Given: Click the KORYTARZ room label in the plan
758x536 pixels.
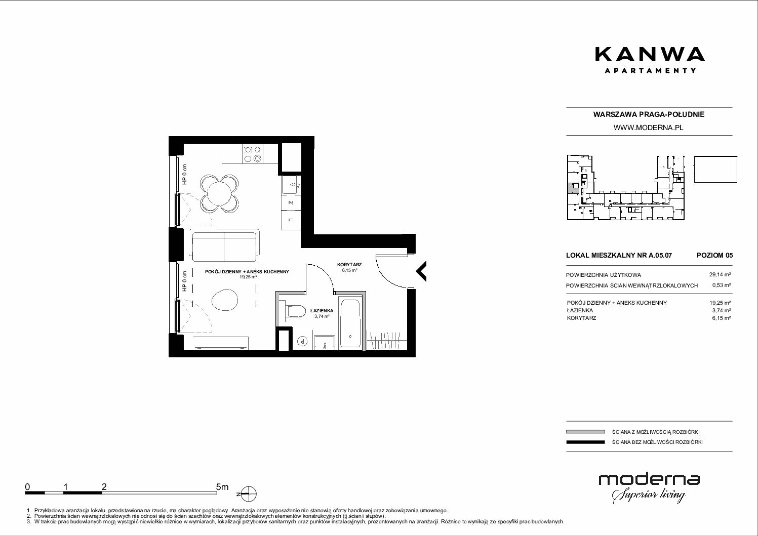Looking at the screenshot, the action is coord(349,264).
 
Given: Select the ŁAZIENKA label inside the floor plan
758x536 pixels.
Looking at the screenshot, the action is coord(322,310).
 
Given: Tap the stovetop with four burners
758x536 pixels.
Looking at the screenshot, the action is coord(253,154).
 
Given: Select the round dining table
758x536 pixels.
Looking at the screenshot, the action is coord(219,193).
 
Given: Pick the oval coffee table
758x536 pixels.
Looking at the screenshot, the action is coord(225,300).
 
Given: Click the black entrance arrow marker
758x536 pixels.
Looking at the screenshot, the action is coord(421,271).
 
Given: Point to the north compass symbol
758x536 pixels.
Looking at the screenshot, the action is coord(248,494).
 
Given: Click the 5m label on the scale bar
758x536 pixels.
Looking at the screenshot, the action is coord(222,486).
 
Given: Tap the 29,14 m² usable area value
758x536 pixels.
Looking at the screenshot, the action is coord(720,275).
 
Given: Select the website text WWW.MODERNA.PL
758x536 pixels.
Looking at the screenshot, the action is coord(648,128).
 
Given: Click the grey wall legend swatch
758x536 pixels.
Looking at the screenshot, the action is coord(585,432).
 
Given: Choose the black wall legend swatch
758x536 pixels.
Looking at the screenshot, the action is coord(585,442).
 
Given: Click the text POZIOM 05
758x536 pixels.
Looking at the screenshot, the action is coord(714,255).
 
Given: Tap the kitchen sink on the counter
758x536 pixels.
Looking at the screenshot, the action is coord(290,185).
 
